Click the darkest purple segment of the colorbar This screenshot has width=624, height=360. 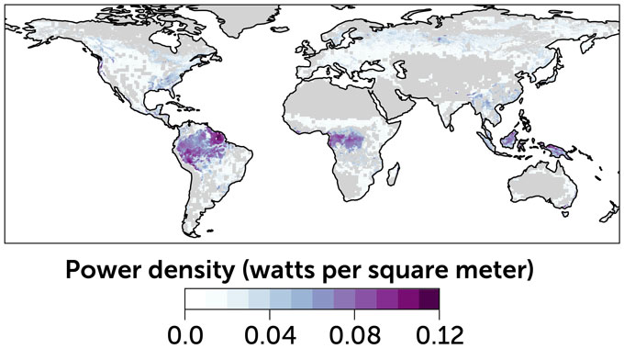(x=429, y=298)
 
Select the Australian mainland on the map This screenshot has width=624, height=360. (x=532, y=184)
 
